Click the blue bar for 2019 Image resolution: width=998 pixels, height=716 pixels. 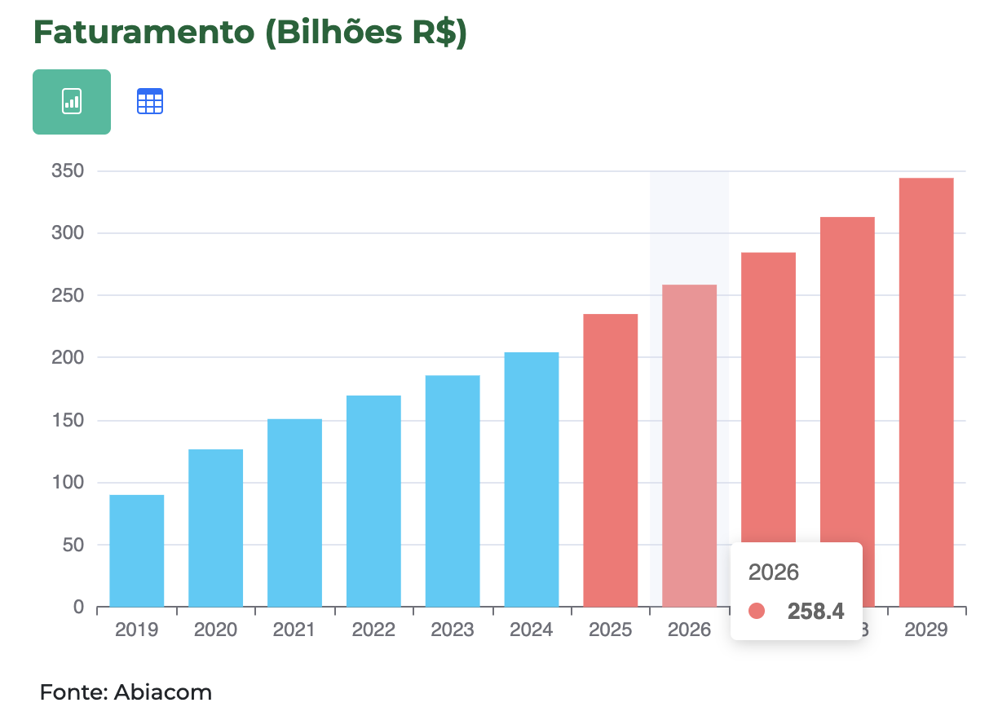136,550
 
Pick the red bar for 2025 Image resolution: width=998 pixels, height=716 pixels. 611,460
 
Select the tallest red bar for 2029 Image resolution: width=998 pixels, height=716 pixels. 926,391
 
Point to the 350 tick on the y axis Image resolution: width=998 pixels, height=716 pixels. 67,171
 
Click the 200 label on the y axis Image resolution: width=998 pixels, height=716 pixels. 67,357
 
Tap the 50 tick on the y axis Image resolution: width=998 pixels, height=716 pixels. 72,545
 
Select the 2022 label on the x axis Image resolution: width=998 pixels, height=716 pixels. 373,630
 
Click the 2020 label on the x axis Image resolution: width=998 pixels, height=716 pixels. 215,630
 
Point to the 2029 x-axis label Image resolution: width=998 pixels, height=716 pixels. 926,630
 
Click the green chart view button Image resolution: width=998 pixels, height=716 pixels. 72,102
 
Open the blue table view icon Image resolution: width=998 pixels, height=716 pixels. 150,102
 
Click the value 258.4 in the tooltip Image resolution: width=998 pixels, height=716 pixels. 815,611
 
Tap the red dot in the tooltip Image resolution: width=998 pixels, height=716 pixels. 757,611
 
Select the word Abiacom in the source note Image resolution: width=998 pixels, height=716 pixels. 163,693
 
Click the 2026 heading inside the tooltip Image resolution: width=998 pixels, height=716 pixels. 773,572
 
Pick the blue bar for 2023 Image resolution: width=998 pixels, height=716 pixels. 453,490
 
